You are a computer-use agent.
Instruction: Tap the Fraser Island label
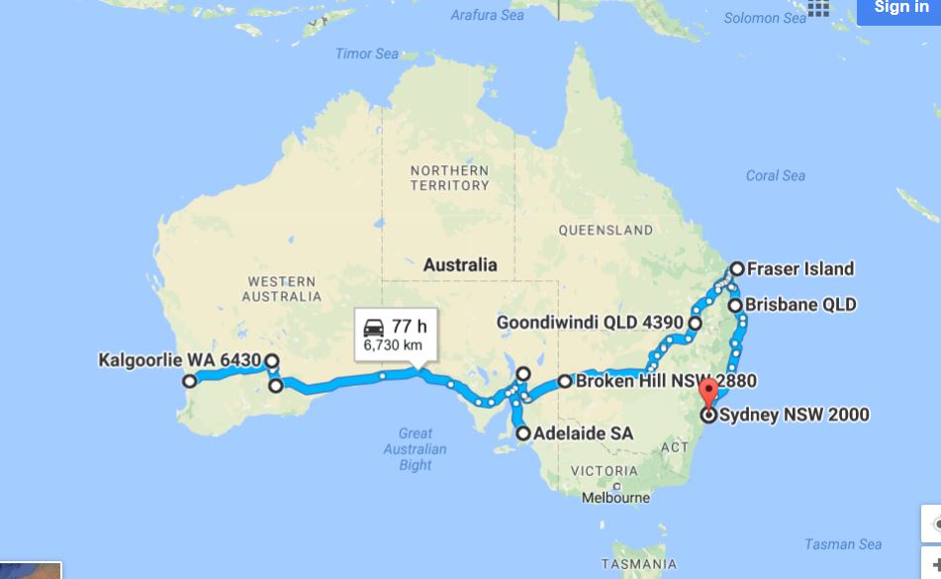click(x=800, y=268)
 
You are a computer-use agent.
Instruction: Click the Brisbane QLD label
click(x=800, y=305)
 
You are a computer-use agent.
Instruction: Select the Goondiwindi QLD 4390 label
click(x=590, y=323)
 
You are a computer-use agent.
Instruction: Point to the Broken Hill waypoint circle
click(x=564, y=381)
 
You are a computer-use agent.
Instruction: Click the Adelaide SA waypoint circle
click(x=523, y=433)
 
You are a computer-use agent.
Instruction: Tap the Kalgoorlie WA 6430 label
click(x=180, y=360)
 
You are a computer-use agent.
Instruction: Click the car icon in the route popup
click(x=374, y=328)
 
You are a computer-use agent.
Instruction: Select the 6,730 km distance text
click(x=393, y=345)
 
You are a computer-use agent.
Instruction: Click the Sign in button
click(x=900, y=9)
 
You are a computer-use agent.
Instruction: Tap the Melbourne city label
click(x=615, y=498)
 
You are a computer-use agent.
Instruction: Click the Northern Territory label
click(x=450, y=177)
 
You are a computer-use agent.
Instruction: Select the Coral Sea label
click(x=775, y=175)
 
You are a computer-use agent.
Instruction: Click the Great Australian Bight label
click(x=416, y=448)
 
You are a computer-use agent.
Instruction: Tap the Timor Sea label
click(x=366, y=53)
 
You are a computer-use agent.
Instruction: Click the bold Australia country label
click(x=460, y=265)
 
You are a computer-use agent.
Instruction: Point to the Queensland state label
click(x=606, y=230)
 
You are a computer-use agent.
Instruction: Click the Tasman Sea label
click(x=842, y=544)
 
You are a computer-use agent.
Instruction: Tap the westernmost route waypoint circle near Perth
click(x=189, y=380)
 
